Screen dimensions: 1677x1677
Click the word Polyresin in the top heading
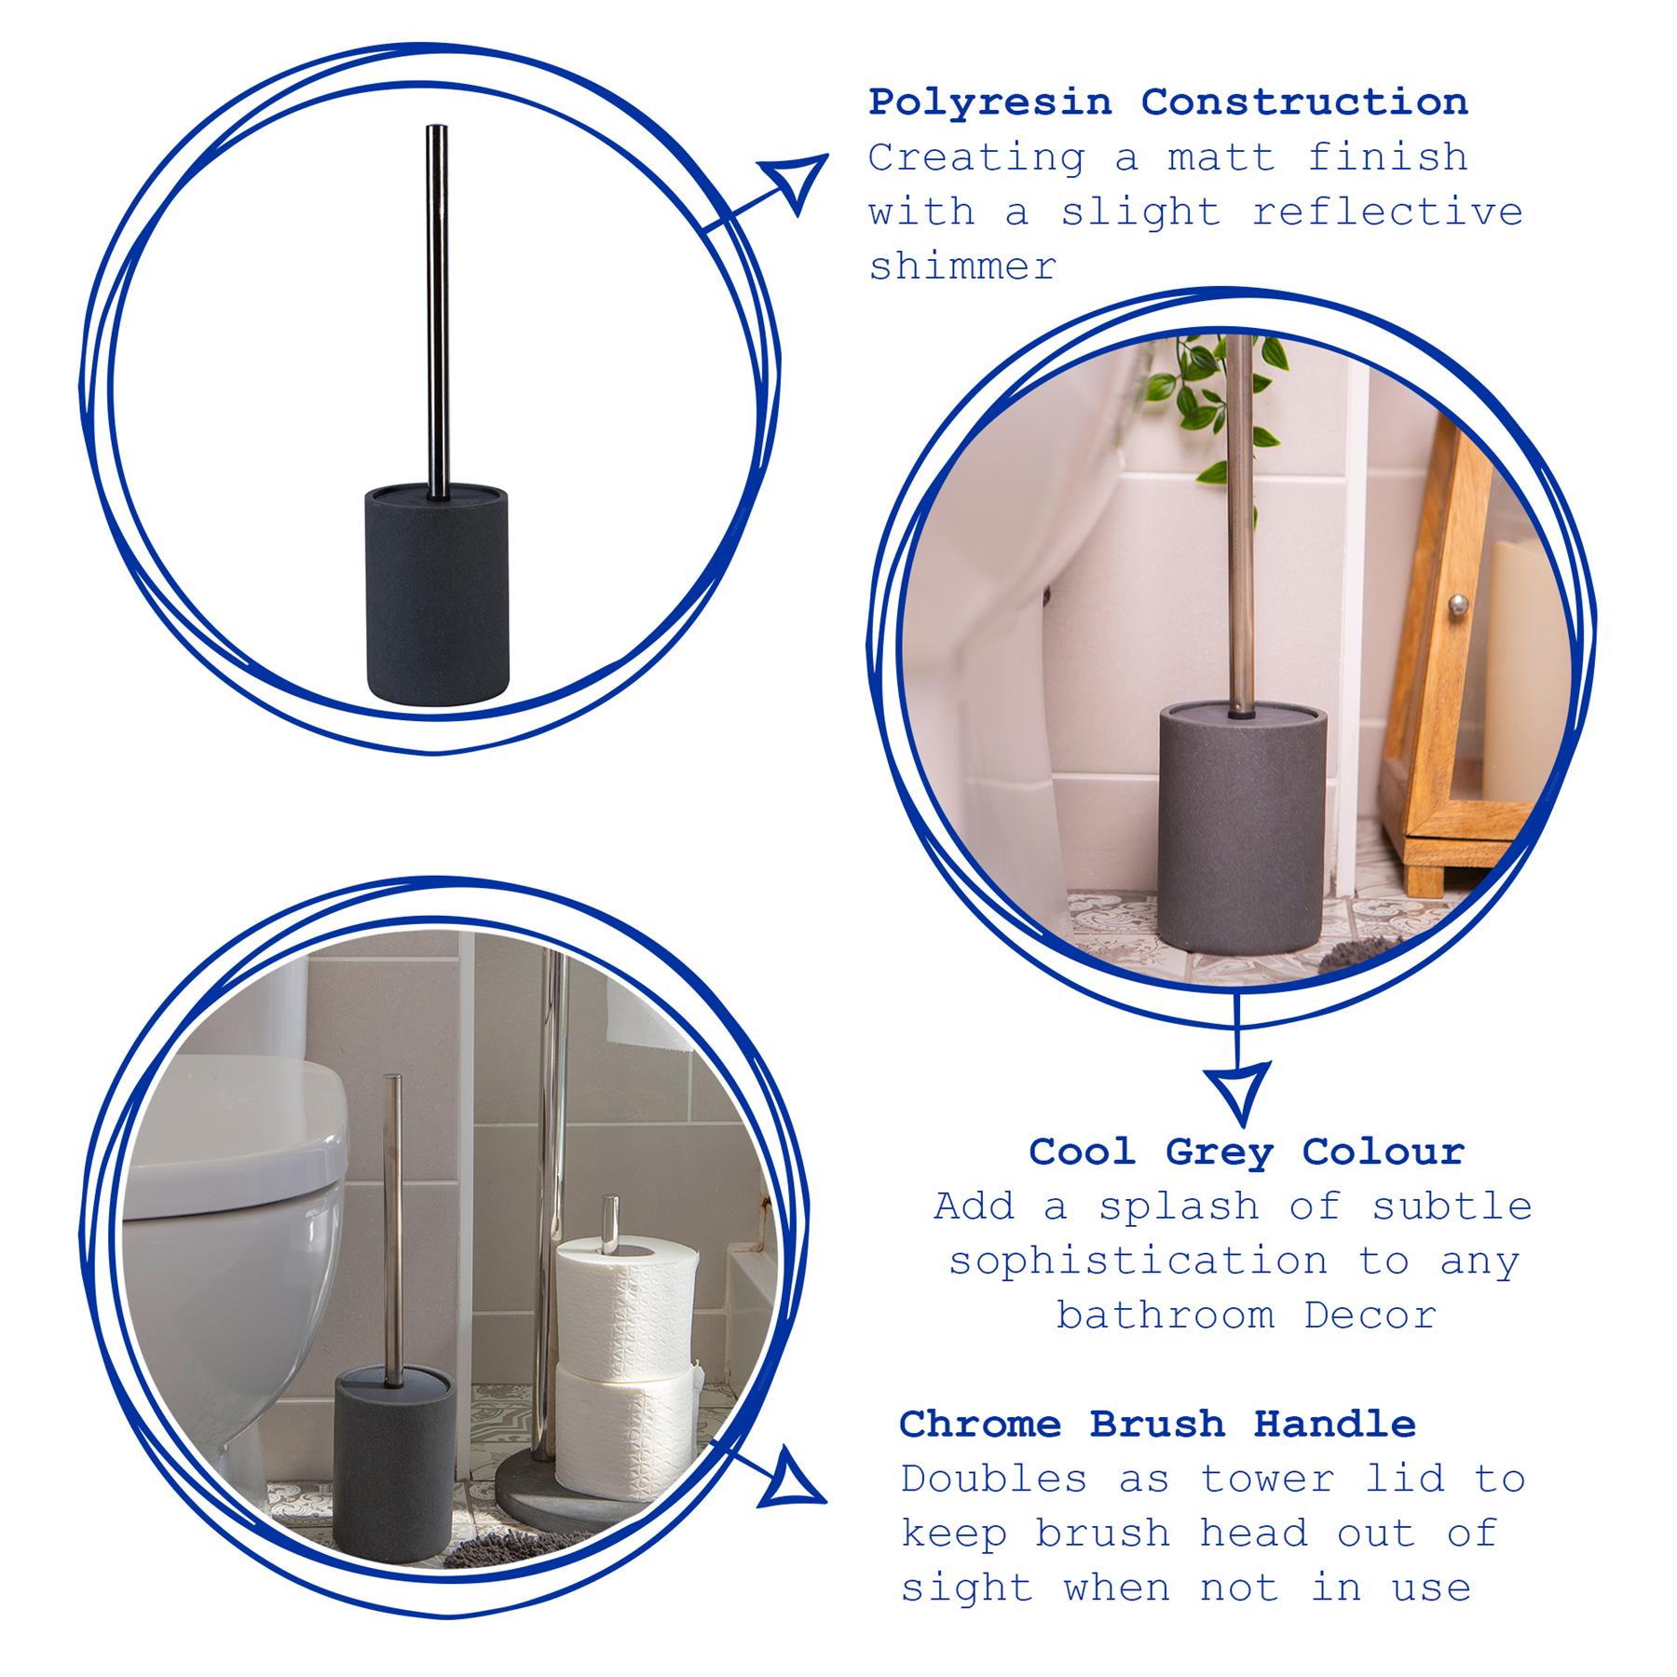coord(990,103)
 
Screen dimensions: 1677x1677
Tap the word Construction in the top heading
coord(1304,102)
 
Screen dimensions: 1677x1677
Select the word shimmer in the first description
coord(963,266)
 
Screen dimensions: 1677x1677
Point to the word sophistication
coord(1138,1261)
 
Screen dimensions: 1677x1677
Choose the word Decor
coord(1370,1316)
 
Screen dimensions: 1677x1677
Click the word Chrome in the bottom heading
coord(980,1424)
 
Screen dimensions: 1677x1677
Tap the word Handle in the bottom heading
coord(1334,1424)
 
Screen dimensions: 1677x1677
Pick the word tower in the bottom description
coord(1266,1479)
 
